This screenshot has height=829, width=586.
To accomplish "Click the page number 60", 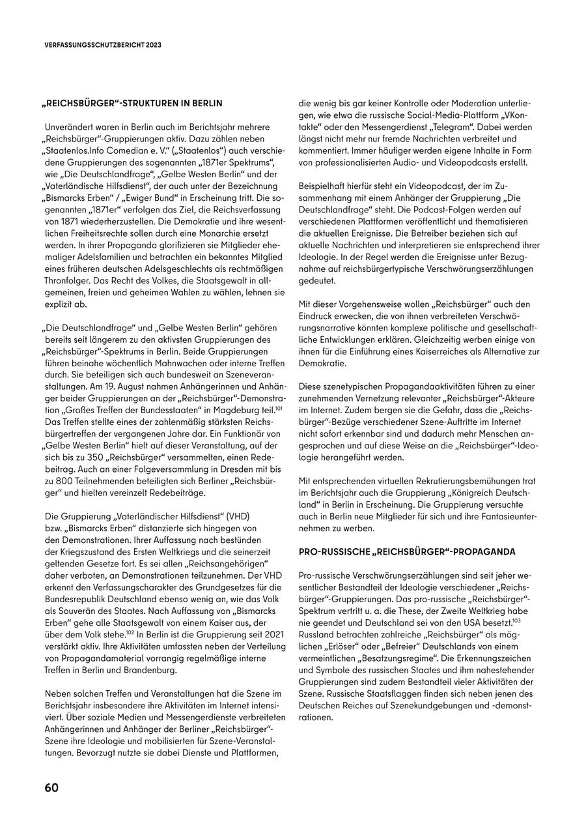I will click(x=51, y=787).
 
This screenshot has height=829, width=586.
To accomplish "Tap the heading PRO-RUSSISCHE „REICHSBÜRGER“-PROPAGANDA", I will click(x=407, y=552).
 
